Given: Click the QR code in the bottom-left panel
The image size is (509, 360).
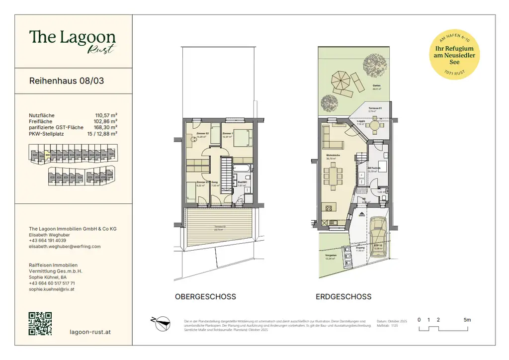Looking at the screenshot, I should tap(40, 324).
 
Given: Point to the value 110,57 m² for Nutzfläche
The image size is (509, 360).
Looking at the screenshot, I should tap(106, 115).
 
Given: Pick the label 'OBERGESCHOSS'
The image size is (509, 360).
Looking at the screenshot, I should tap(205, 297).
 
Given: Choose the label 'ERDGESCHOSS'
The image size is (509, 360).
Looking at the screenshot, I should tap(343, 297).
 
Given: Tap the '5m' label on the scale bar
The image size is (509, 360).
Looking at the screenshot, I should tap(466, 320).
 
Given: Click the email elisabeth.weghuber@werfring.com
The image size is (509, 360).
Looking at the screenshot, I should tap(65, 246).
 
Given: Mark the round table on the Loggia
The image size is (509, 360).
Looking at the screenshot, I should tap(375, 126).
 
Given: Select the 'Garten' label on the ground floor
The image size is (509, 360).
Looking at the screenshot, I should tap(377, 86).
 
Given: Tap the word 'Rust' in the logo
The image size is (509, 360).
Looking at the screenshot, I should tap(102, 49).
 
